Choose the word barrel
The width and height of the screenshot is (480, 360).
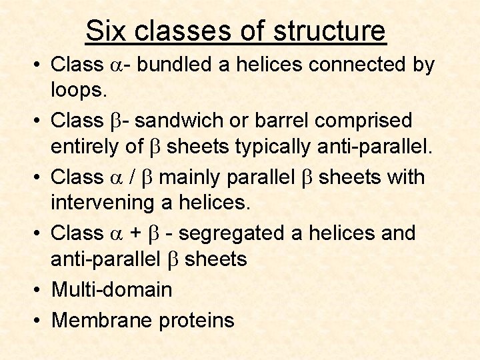point(285,121)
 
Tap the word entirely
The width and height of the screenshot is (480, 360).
point(89,147)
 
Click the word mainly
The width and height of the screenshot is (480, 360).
point(193,177)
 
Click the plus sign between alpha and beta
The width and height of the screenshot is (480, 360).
point(135,234)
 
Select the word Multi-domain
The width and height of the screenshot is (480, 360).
point(111,290)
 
